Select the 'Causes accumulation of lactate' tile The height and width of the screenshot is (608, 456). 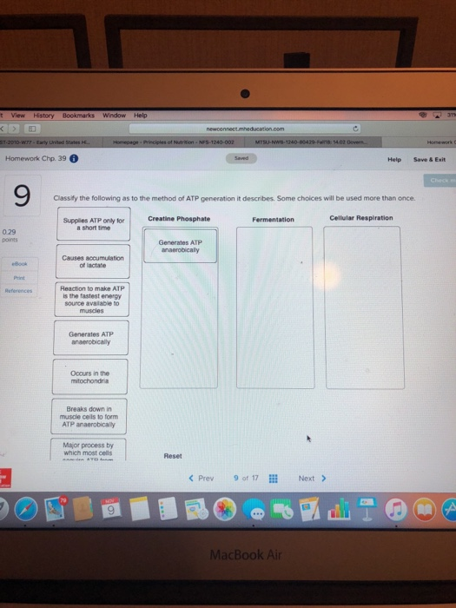[95, 261]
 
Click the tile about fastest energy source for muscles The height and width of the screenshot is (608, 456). [95, 299]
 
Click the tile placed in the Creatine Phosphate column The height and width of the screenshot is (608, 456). [180, 245]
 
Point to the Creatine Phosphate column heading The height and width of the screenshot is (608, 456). [179, 218]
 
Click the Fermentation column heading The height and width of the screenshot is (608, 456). [274, 219]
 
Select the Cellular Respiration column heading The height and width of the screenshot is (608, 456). [360, 218]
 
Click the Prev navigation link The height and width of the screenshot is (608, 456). [201, 478]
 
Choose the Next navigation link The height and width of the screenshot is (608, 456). [311, 478]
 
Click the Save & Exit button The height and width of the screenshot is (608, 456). [428, 159]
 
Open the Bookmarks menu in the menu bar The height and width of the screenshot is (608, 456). [78, 115]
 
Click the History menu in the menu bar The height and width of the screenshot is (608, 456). [43, 115]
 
